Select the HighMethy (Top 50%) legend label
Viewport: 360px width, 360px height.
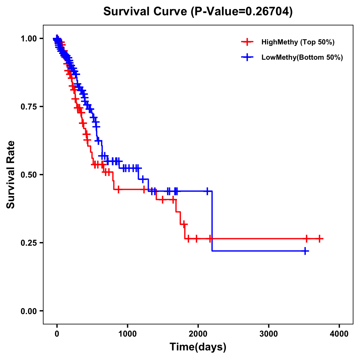coord(298,42)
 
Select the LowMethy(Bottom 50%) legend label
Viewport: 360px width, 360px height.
coord(302,57)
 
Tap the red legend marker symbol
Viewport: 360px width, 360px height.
coord(247,42)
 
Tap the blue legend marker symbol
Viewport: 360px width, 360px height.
coord(247,57)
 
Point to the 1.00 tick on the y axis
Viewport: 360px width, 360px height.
coord(28,38)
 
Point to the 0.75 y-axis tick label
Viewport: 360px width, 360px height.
coord(28,106)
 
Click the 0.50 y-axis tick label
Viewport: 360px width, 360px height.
coord(28,175)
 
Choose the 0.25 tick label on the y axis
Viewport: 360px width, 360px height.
coord(28,243)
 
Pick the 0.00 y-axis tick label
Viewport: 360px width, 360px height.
coord(28,311)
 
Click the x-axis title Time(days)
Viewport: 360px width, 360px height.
coord(198,347)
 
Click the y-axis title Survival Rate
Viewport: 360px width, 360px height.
coord(11,175)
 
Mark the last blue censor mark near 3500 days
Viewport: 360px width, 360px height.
coord(305,251)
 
